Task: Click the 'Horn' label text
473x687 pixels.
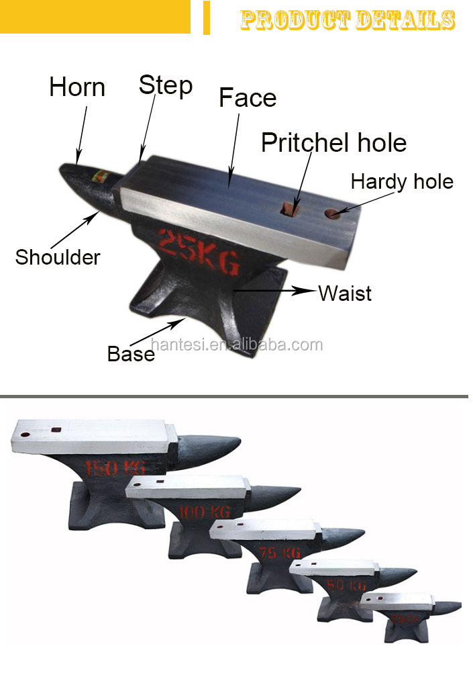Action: click(x=77, y=87)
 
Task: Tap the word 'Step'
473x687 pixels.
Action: click(x=165, y=85)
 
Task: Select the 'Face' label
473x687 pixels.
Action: click(x=248, y=98)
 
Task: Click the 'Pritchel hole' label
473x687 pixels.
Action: click(x=333, y=142)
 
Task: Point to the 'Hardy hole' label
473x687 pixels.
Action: click(x=402, y=181)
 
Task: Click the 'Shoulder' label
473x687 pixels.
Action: click(x=58, y=257)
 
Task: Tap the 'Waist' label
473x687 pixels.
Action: click(x=345, y=293)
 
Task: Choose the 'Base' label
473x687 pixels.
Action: click(x=131, y=353)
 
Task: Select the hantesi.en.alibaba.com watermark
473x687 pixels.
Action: click(x=237, y=345)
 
